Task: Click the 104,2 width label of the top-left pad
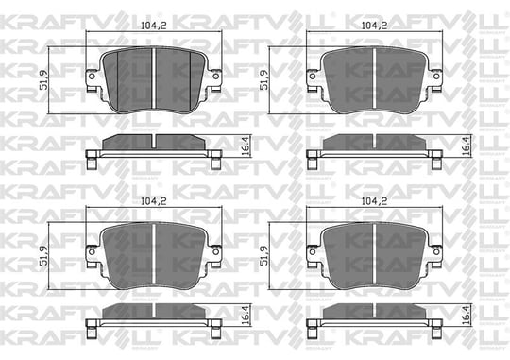coord(153,26)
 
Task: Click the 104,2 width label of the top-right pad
coord(374,26)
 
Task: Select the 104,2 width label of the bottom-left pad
coord(153,201)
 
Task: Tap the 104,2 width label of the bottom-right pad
coord(374,201)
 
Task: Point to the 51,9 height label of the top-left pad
coord(43,79)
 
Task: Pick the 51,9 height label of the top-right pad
coord(263,79)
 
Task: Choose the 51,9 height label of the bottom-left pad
coord(43,255)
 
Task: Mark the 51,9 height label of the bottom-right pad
coord(263,255)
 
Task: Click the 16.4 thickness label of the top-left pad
coord(246,146)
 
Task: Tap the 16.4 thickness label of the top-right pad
coord(467,146)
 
